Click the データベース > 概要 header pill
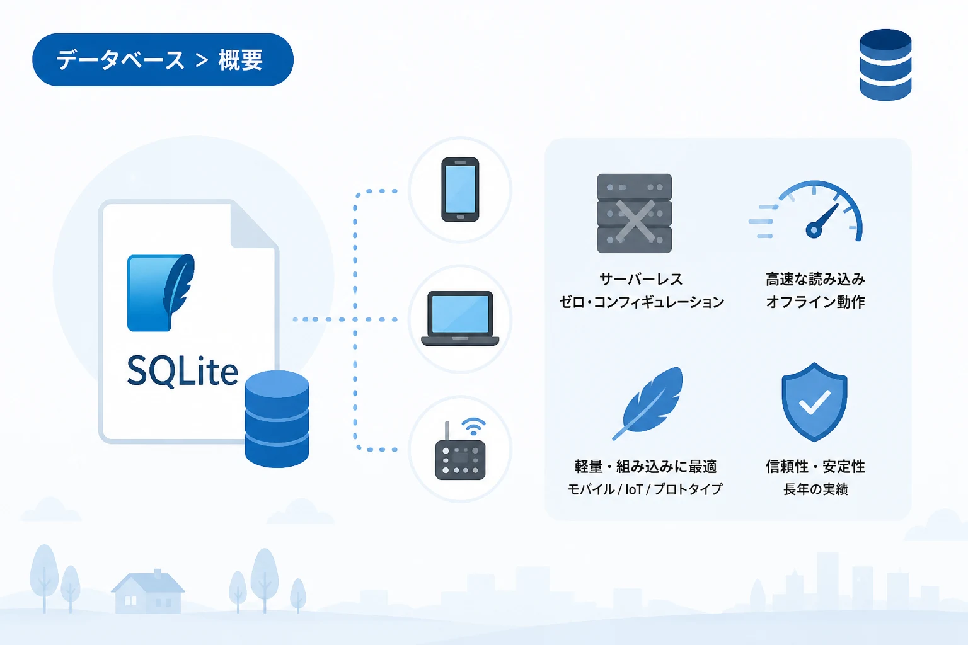click(163, 60)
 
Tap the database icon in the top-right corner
click(885, 65)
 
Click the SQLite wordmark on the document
click(182, 370)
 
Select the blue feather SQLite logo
click(161, 293)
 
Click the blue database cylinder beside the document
click(277, 419)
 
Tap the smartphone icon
click(460, 190)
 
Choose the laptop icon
click(460, 318)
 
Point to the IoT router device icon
click(460, 449)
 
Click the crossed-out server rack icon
click(634, 214)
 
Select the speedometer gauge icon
click(807, 210)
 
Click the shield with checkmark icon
click(814, 402)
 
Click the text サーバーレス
click(641, 280)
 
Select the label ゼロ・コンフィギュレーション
click(642, 302)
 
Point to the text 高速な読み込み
click(815, 280)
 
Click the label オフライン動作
click(815, 302)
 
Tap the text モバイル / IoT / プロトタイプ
click(644, 489)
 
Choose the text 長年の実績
click(815, 489)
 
